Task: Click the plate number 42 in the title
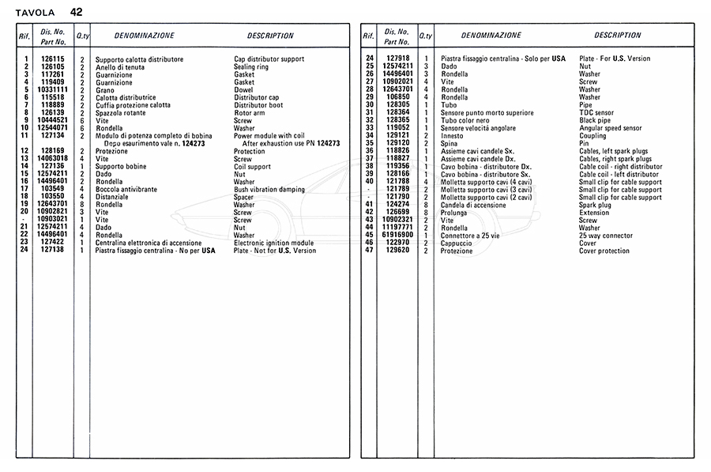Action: [75, 12]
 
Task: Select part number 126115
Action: [52, 59]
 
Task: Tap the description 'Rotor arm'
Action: [250, 113]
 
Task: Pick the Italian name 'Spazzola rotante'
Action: [122, 113]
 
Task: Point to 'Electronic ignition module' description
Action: [273, 243]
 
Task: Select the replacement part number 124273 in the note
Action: [325, 143]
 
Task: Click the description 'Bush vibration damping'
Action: [270, 189]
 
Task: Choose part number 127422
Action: [52, 243]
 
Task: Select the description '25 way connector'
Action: [605, 235]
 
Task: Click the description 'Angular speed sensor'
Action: [610, 127]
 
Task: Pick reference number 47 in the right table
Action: [369, 251]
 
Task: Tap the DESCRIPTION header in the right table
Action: [618, 36]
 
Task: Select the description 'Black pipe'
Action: [596, 120]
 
